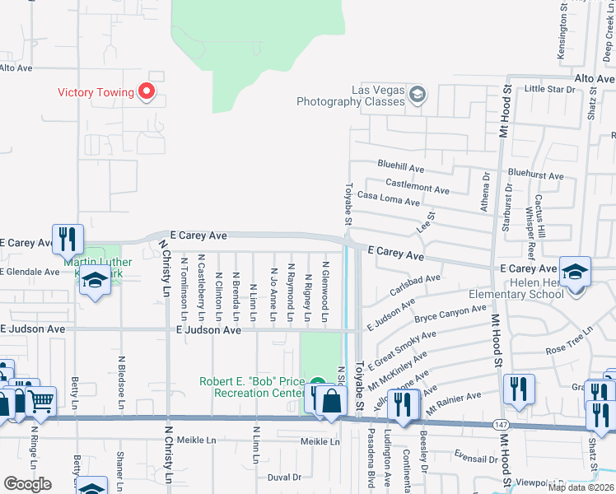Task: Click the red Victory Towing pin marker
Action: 148,91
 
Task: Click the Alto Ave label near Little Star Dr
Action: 594,78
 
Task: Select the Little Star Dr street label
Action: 548,88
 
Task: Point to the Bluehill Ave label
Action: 400,167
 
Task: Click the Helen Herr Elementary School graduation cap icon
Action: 575,271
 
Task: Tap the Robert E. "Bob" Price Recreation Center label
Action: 252,387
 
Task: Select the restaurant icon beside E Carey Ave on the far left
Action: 67,239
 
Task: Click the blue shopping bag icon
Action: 331,402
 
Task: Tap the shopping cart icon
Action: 40,401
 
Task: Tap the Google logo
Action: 27,484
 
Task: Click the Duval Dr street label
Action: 284,477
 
